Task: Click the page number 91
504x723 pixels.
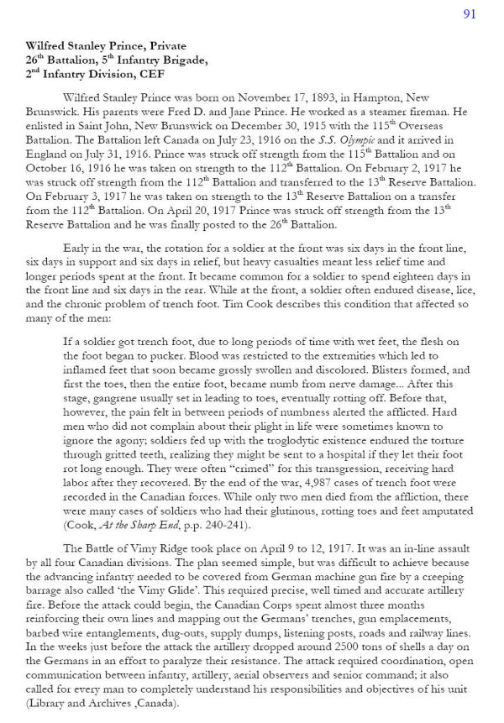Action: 469,13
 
